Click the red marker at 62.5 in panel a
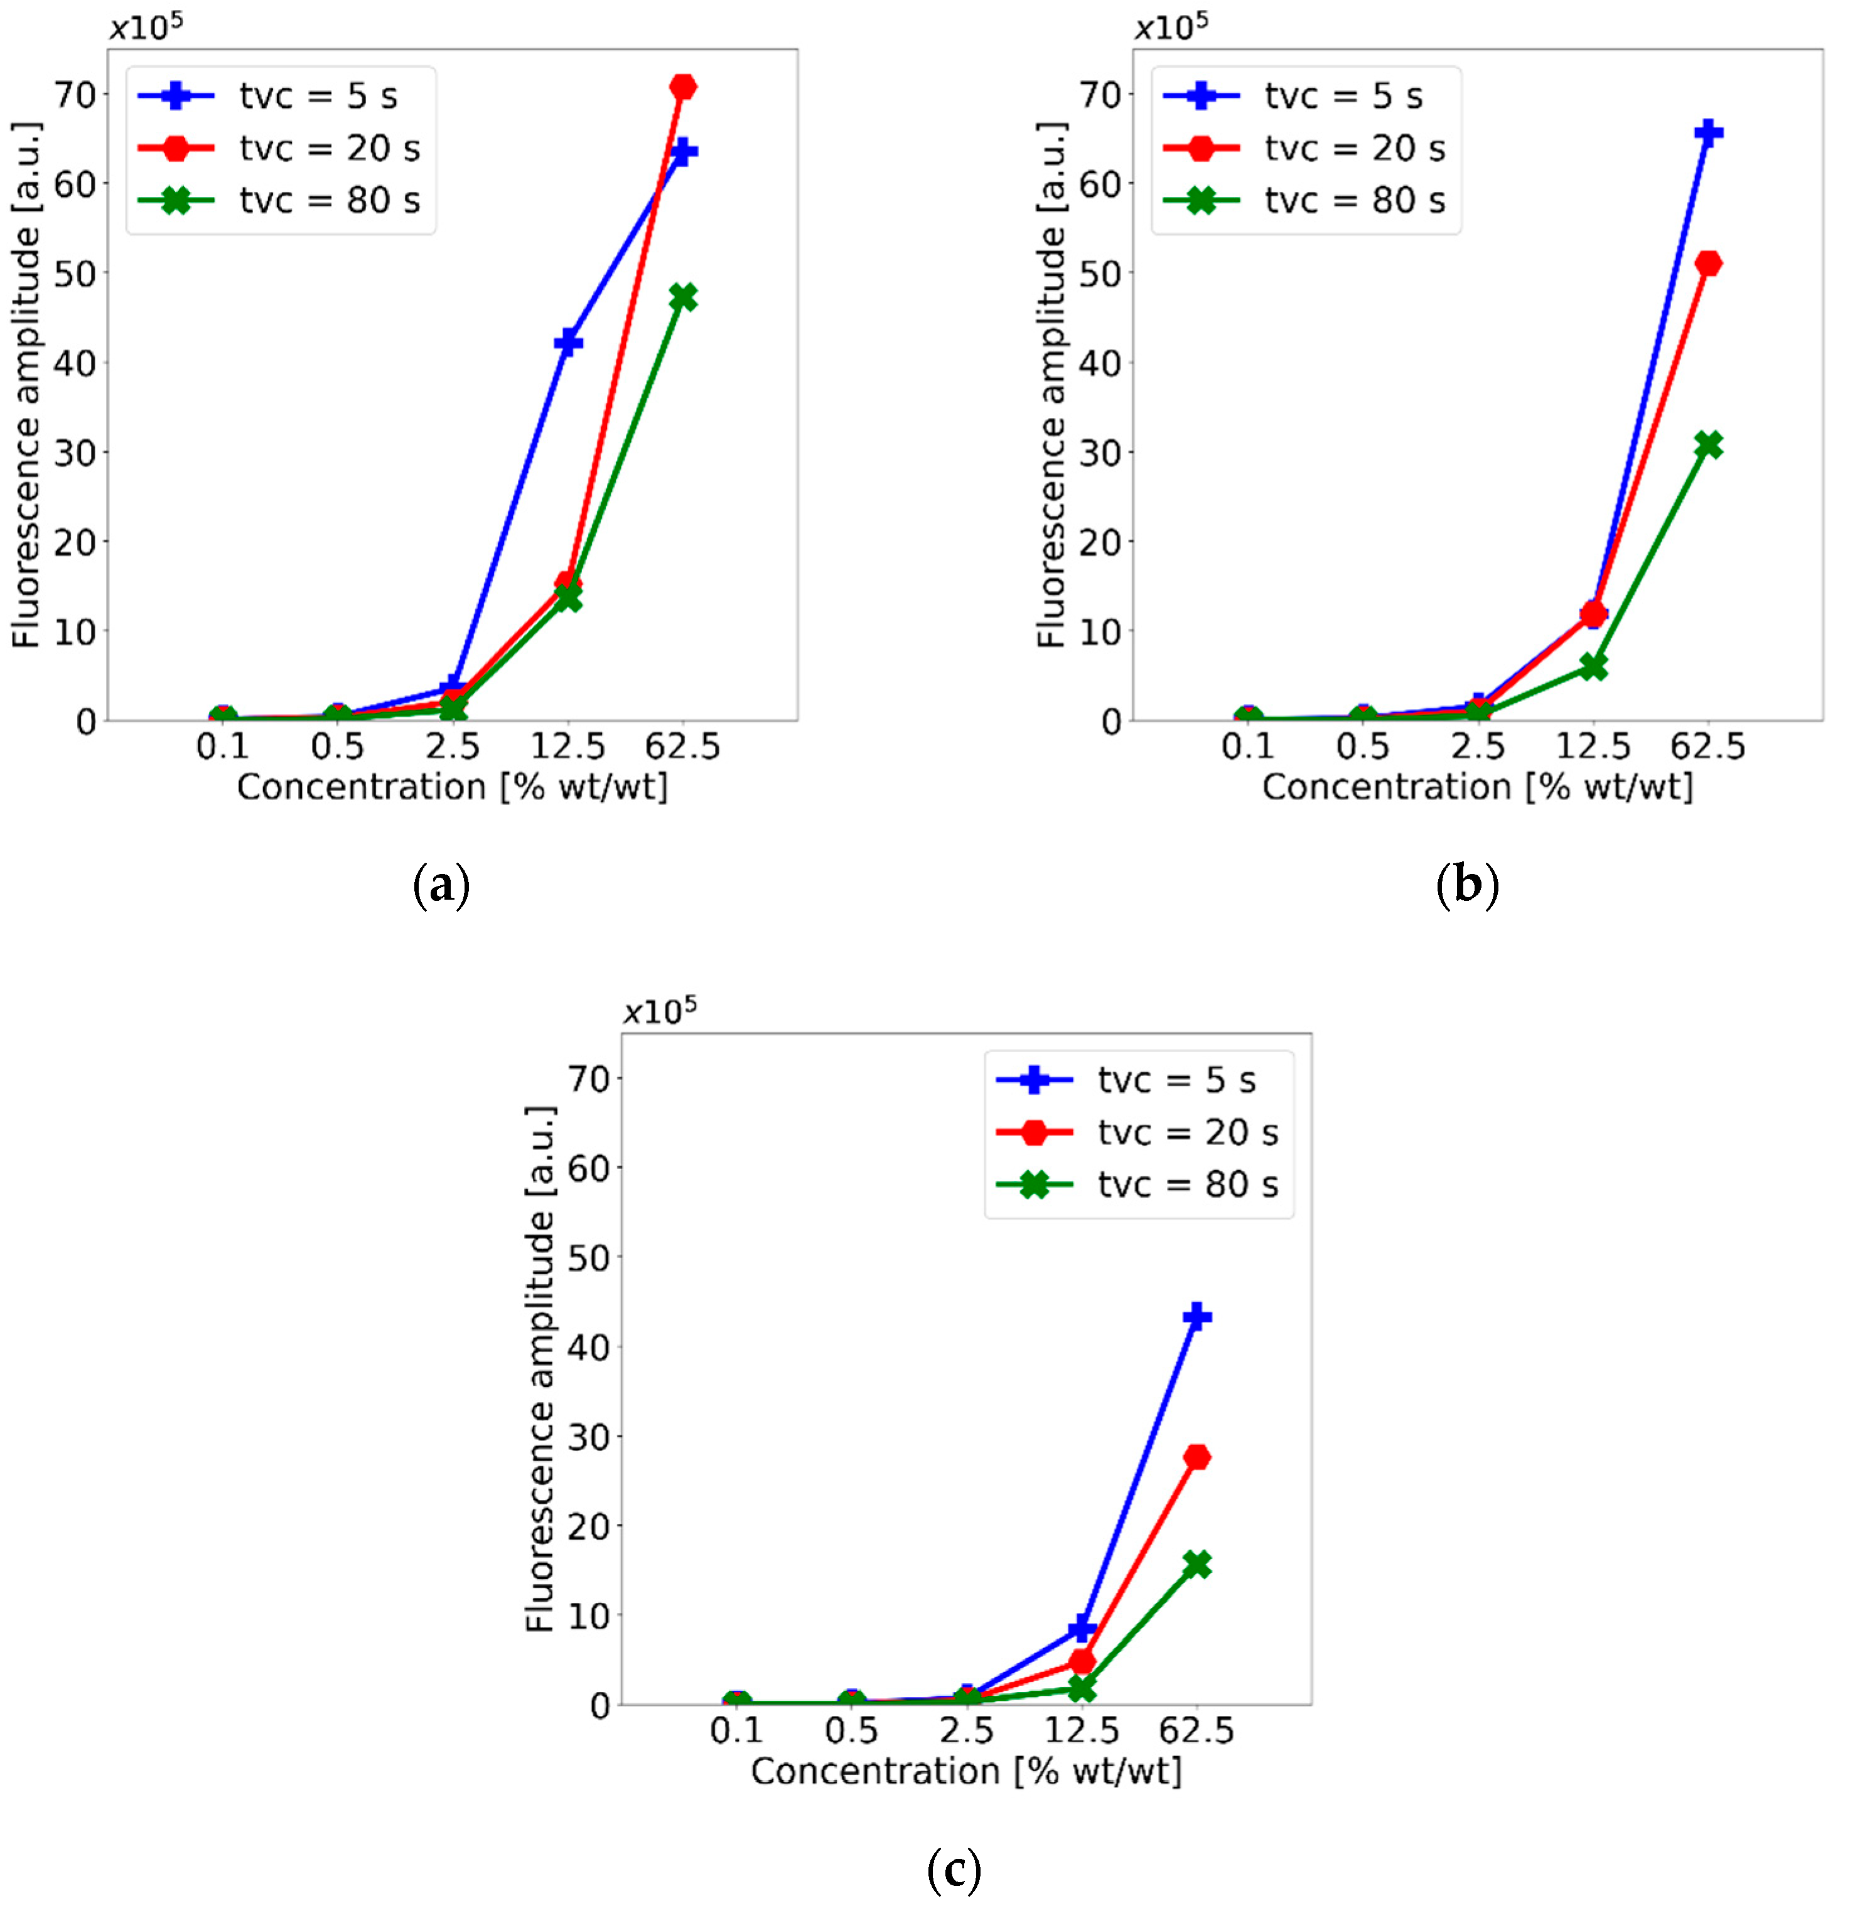coord(683,87)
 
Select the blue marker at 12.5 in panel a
coord(568,342)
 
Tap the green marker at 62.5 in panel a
coord(683,297)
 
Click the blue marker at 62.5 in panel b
coord(1708,132)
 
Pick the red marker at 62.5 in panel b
coord(1708,263)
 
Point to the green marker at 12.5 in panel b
coord(1593,667)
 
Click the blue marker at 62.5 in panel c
coord(1196,1317)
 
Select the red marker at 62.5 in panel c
coord(1196,1457)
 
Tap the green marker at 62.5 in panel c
coord(1196,1564)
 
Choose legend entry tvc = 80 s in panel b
coord(1354,201)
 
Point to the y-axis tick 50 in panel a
coord(75,274)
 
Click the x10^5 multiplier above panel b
coord(1171,26)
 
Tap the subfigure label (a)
coord(441,885)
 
